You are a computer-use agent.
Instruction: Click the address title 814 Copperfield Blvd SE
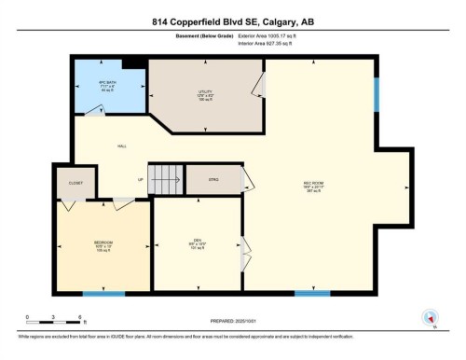(233, 21)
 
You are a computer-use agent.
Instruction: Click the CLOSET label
(74, 183)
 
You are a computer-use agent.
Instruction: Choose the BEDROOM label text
(103, 244)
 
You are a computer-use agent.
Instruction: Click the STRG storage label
(212, 178)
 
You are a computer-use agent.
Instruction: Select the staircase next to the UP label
(165, 178)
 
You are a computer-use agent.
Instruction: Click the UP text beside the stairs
(141, 178)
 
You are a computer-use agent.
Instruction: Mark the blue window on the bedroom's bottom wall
(103, 294)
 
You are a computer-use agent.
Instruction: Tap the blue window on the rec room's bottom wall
(311, 294)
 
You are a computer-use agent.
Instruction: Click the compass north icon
(430, 317)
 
